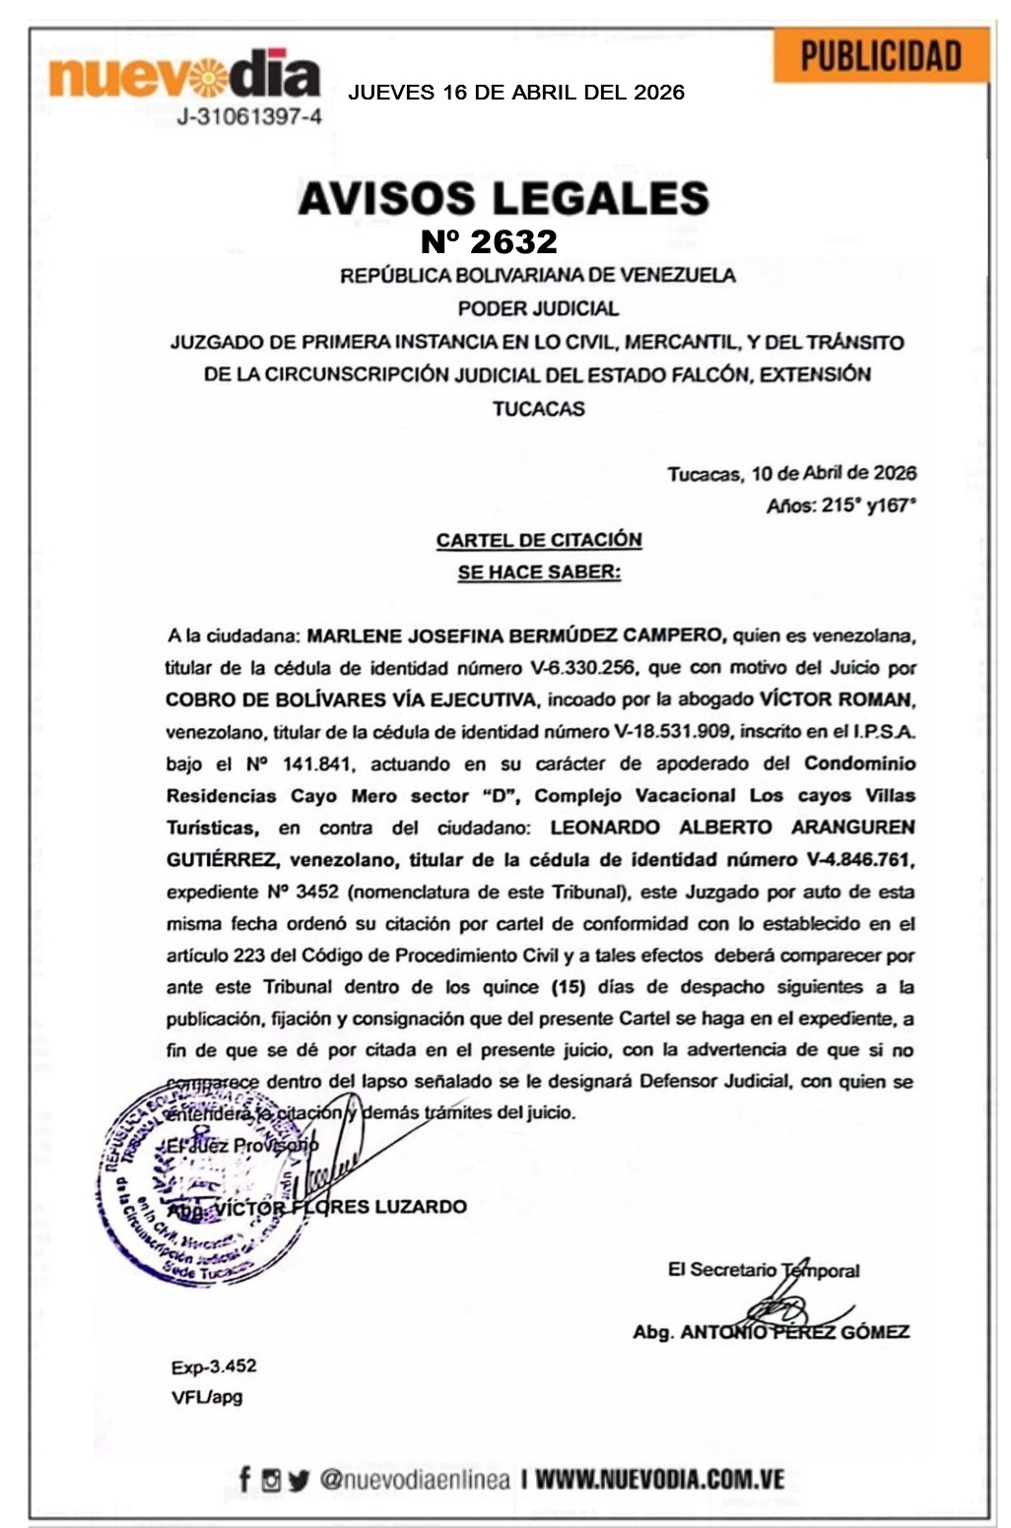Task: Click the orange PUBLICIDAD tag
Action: coord(880,55)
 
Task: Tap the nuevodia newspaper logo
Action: coord(184,75)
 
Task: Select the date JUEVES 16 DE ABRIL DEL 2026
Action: coord(515,93)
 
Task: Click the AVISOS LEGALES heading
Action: coord(504,198)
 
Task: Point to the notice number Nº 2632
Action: coord(489,241)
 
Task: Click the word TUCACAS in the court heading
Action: coord(538,408)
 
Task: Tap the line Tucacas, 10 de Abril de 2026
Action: coord(791,473)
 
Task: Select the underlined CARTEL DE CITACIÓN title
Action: coord(539,540)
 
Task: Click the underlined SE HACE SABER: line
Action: coord(539,572)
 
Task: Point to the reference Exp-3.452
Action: coord(213,1365)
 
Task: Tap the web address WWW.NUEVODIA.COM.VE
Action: coord(659,1479)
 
